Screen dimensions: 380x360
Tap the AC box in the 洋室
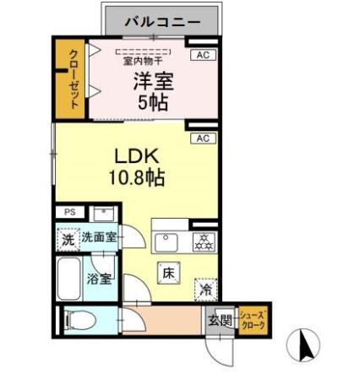point(201,55)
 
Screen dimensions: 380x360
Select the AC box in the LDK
point(203,138)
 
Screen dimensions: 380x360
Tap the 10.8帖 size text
point(135,178)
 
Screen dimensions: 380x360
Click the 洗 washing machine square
point(68,239)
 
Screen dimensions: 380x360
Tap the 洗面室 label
point(99,239)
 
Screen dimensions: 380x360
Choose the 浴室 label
point(99,280)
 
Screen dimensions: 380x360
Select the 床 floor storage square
point(167,273)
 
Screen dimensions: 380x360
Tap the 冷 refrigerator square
point(205,288)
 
